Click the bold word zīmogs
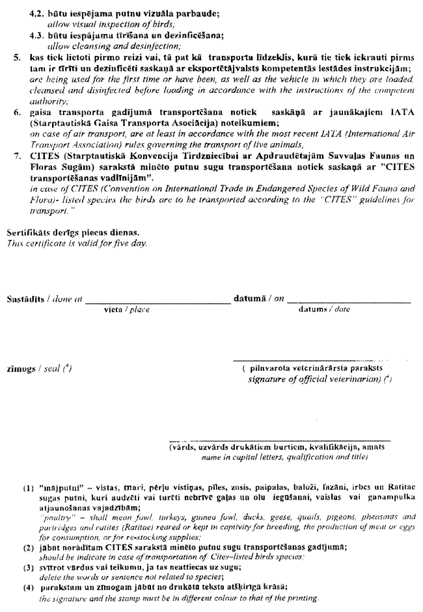click(21, 369)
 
